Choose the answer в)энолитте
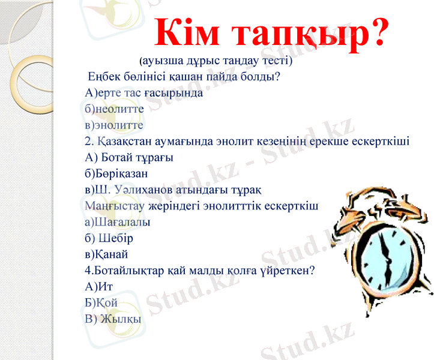click(114, 125)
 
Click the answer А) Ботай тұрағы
click(130, 158)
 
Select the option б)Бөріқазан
click(117, 174)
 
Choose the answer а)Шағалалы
click(118, 222)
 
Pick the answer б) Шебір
click(109, 238)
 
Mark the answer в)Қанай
click(107, 254)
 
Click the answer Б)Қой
click(101, 303)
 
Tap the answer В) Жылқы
click(113, 319)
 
